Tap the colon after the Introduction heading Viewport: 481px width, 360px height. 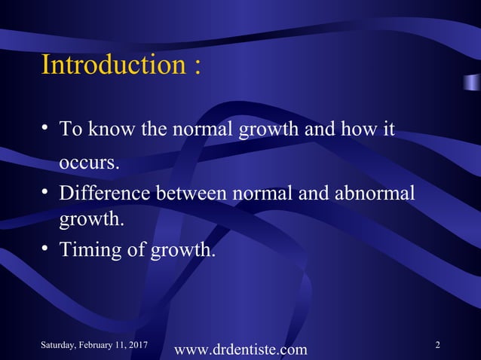tap(197, 66)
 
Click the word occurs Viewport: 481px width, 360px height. tap(89, 163)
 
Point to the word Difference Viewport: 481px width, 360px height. tap(105, 194)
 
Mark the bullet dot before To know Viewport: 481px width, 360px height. tap(47, 130)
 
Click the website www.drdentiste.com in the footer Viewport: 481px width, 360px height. tap(240, 349)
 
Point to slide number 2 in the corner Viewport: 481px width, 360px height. tap(438, 344)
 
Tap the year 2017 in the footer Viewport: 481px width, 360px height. tap(136, 345)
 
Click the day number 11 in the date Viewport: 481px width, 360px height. tap(118, 345)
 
